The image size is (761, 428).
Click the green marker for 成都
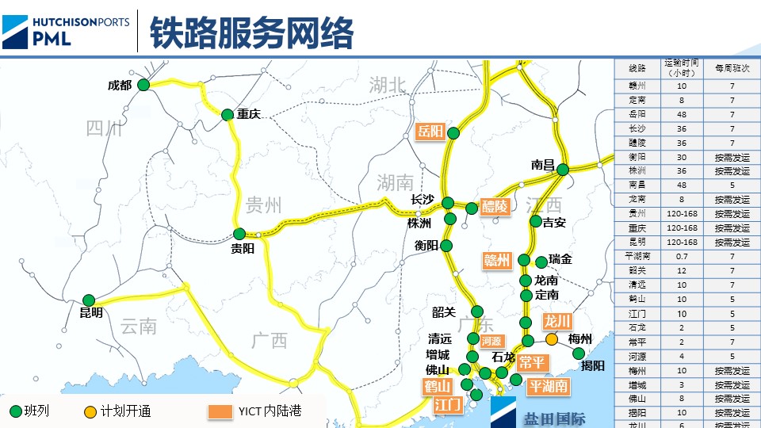(x=143, y=85)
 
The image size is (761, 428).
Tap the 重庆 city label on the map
(x=249, y=114)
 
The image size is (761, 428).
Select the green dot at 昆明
(x=89, y=300)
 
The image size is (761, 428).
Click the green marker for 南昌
(x=563, y=170)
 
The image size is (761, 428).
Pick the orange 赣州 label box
(x=498, y=260)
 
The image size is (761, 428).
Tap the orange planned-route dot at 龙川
(x=551, y=338)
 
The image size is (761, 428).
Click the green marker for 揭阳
(x=579, y=353)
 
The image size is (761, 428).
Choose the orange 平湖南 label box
(x=549, y=387)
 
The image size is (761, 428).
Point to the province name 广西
(x=270, y=340)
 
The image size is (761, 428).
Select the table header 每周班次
(x=732, y=69)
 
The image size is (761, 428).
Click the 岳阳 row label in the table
(x=637, y=114)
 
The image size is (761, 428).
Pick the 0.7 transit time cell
(x=682, y=257)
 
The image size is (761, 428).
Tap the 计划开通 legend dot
(x=91, y=411)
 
